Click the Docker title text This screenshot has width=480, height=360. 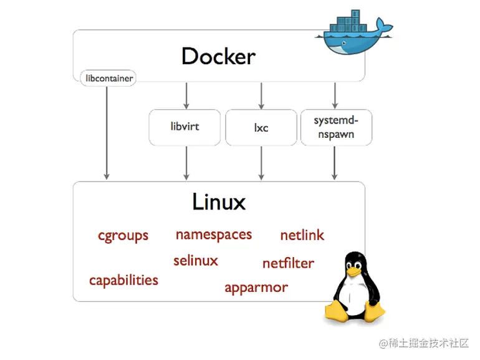[x=218, y=57]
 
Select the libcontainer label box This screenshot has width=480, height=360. [x=107, y=79]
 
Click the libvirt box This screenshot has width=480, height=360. [x=185, y=127]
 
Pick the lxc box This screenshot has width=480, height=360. [x=261, y=127]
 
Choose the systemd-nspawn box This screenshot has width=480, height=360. [x=335, y=127]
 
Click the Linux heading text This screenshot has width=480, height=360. [x=218, y=202]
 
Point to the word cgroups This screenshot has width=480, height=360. [x=123, y=235]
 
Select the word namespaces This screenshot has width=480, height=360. [x=213, y=235]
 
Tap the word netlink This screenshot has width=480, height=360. [x=302, y=235]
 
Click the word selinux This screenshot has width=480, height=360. [x=196, y=260]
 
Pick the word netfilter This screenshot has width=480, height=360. [x=287, y=263]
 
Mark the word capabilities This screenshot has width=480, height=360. [x=123, y=280]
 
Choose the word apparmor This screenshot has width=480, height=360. [x=256, y=288]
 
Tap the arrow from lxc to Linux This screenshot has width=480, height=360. [x=261, y=163]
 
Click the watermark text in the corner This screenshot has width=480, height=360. [x=423, y=343]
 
